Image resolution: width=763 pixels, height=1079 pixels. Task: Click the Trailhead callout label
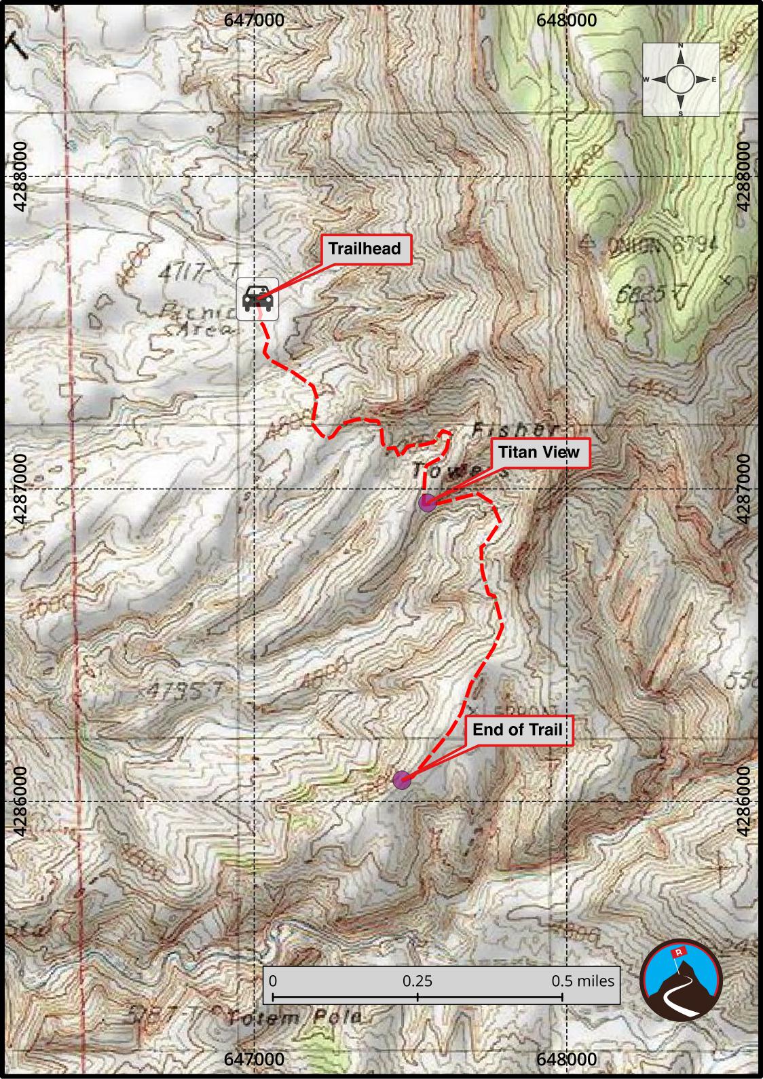[x=365, y=248]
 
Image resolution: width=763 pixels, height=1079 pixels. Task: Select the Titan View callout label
[x=539, y=452]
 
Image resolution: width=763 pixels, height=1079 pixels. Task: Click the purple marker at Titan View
[x=426, y=503]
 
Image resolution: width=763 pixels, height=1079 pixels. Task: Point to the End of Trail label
[x=517, y=730]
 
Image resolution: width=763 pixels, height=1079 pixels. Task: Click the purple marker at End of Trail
[x=402, y=780]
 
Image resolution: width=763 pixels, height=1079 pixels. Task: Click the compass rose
[x=681, y=79]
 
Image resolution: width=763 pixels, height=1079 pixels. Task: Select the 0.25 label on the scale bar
[x=417, y=981]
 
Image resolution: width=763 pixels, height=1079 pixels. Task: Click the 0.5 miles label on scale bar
[x=582, y=981]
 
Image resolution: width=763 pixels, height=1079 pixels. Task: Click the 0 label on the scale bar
[x=273, y=981]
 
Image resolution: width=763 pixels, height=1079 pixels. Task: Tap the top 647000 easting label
[x=255, y=20]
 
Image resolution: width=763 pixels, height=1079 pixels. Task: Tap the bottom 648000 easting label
[x=567, y=1059]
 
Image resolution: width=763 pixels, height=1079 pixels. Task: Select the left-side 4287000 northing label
[x=20, y=489]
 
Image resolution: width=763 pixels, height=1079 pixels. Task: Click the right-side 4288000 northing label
[x=744, y=176]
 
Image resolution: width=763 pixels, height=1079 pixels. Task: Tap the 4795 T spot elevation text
[x=184, y=691]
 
